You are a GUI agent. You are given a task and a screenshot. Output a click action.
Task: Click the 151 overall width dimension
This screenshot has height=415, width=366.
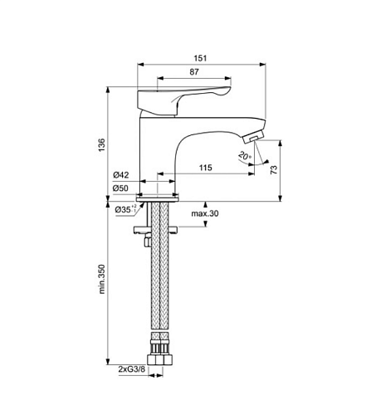click(x=200, y=58)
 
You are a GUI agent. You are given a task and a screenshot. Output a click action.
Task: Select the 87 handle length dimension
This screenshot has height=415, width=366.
click(x=194, y=72)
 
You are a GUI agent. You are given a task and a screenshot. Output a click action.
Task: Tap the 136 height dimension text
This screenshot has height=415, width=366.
click(x=102, y=144)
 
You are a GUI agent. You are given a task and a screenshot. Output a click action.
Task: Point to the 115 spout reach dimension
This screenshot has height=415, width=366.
click(x=206, y=168)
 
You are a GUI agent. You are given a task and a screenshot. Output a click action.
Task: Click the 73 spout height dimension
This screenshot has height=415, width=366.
click(x=274, y=169)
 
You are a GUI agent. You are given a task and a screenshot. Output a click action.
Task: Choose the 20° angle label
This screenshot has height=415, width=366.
click(x=245, y=156)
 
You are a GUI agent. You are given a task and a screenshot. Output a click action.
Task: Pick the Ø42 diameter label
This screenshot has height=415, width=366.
click(x=121, y=175)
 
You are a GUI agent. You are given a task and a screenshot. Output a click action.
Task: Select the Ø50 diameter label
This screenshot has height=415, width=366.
click(x=120, y=188)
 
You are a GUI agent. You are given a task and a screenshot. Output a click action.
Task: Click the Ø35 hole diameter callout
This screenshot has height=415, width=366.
click(x=125, y=209)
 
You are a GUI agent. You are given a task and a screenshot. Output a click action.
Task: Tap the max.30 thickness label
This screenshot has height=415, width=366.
click(x=205, y=213)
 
